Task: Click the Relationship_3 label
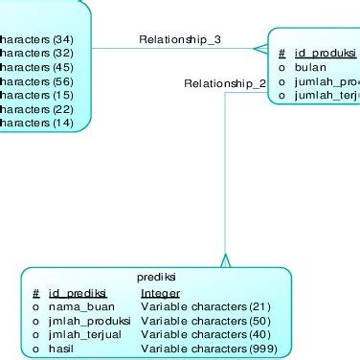180,39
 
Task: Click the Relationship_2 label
224,84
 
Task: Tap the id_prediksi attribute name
78,293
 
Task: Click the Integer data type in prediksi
160,293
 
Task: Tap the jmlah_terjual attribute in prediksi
87,335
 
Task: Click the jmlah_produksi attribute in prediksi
90,321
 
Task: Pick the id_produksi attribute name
326,55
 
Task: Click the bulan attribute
310,68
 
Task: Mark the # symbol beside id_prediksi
35,293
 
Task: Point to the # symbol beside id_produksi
281,55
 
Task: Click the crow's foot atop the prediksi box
225,259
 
